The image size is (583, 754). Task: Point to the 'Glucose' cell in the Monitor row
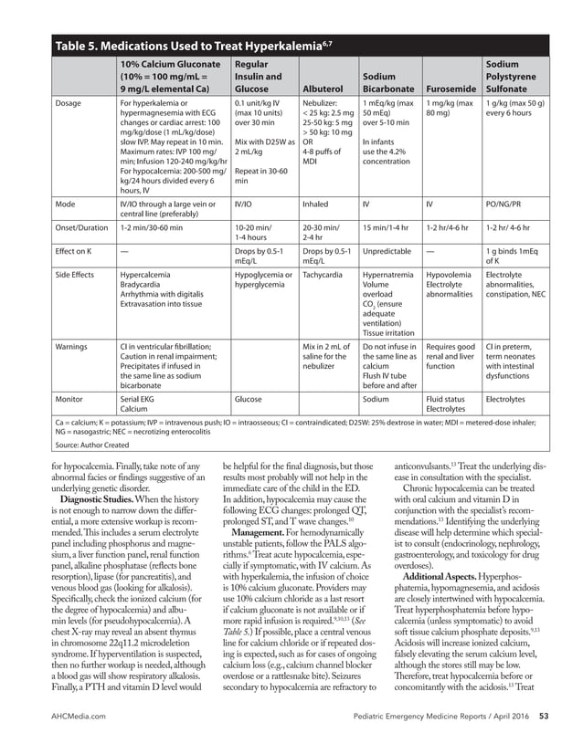tap(249, 399)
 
